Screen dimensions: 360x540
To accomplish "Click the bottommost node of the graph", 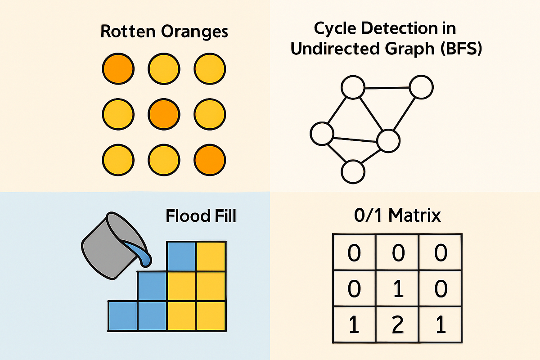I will coord(352,171).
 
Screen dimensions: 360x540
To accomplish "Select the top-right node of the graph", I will coord(421,87).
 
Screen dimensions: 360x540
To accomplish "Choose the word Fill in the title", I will coord(224,216).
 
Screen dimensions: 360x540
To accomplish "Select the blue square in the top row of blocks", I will coord(181,256).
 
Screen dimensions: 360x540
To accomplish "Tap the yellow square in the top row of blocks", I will coord(211,256).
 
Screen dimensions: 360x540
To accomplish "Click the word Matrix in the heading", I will coord(415,216).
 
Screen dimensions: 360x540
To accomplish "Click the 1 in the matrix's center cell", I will coord(397,289).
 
